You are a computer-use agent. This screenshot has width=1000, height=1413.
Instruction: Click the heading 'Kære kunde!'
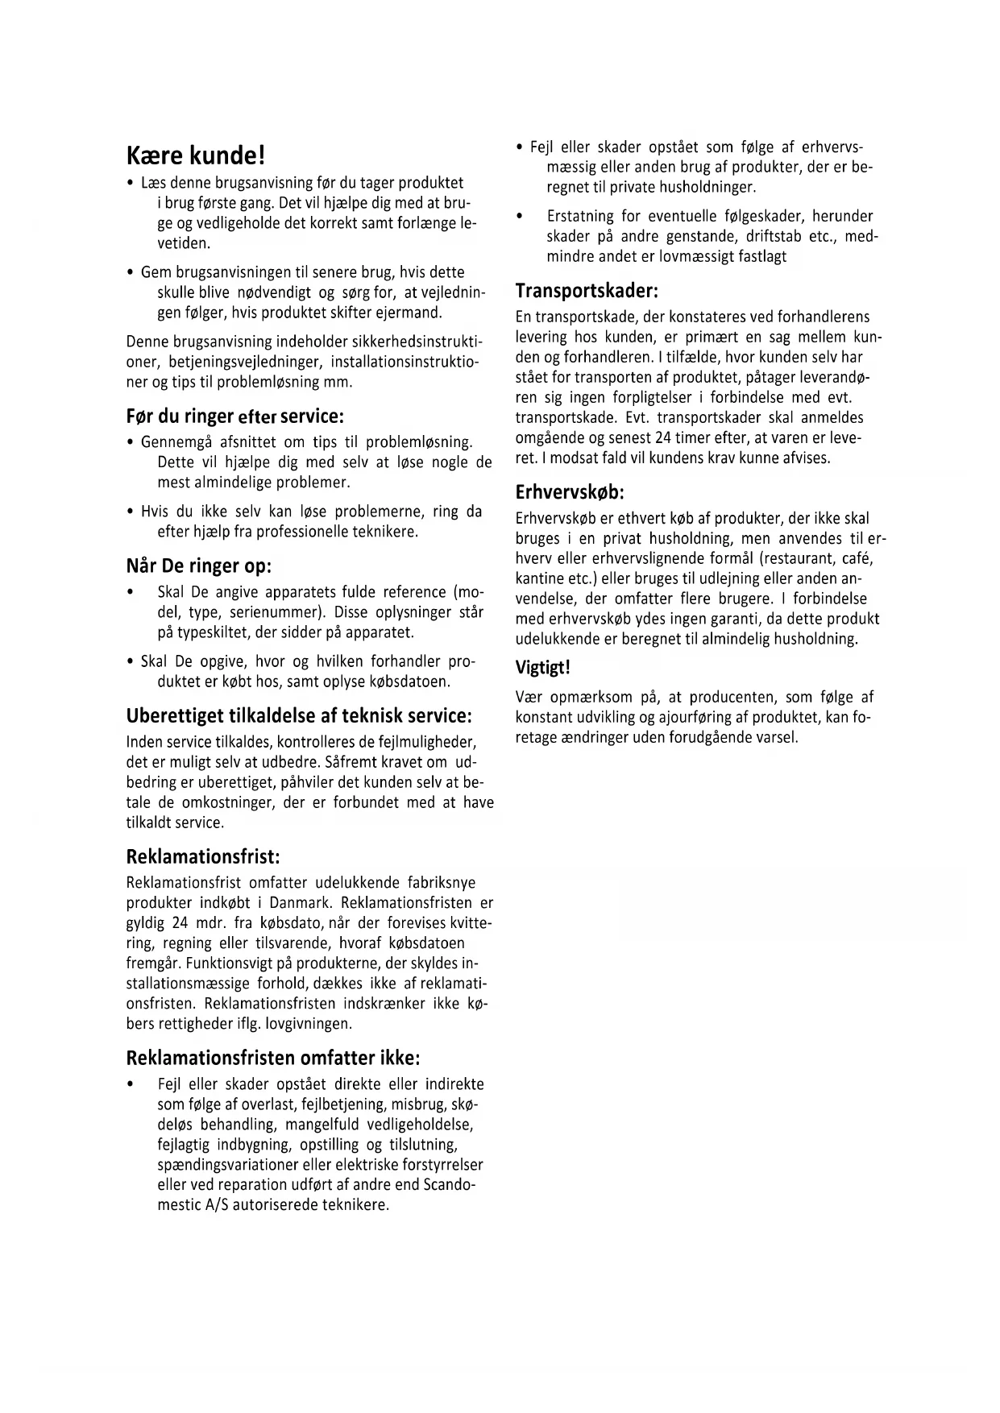pyautogui.click(x=196, y=155)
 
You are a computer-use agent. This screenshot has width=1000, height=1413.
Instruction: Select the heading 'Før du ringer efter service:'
pyautogui.click(x=235, y=416)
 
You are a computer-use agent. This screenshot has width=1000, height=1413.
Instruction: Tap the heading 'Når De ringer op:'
pyautogui.click(x=199, y=566)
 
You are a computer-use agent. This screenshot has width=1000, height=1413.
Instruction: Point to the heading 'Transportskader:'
pyautogui.click(x=587, y=290)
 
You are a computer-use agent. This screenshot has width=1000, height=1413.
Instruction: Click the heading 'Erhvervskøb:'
pyautogui.click(x=570, y=491)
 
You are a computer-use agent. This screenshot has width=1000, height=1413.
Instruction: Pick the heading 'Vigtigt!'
pyautogui.click(x=542, y=668)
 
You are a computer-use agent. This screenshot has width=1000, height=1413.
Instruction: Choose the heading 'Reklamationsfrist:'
pyautogui.click(x=203, y=856)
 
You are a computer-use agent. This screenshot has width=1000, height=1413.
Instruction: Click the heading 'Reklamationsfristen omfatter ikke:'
pyautogui.click(x=273, y=1058)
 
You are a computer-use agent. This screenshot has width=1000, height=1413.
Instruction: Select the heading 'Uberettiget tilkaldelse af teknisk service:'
pyautogui.click(x=299, y=715)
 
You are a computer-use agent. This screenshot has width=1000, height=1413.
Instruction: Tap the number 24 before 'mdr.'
pyautogui.click(x=180, y=923)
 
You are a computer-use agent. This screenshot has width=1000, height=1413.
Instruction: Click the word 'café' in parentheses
pyautogui.click(x=857, y=558)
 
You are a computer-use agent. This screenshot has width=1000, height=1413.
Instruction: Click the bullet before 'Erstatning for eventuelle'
pyautogui.click(x=519, y=217)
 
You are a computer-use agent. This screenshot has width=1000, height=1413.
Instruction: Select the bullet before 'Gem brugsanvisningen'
pyautogui.click(x=130, y=273)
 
